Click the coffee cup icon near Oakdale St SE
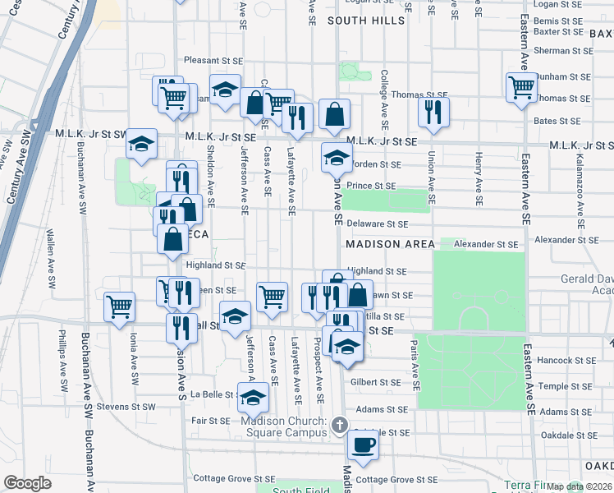coord(362,445)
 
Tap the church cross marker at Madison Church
coord(341,424)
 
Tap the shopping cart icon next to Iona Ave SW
coord(119,306)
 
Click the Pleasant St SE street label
coord(213,61)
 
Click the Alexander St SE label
coord(487,244)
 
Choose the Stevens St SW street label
coord(126,406)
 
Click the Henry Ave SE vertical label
coord(478,176)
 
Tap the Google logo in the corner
coord(27,483)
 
